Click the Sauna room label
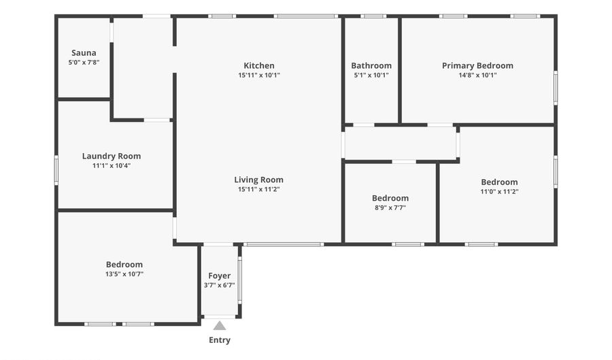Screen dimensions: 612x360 pos(84,52)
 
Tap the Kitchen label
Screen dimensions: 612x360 pos(259,65)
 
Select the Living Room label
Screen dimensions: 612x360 pos(259,180)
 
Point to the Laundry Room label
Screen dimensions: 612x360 pos(112,157)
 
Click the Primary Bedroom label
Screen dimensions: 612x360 pos(478,65)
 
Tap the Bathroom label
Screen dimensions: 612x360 pos(371,65)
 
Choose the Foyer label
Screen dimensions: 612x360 pos(220,276)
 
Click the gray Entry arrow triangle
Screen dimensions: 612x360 pos(220,326)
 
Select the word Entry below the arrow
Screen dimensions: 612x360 pos(220,340)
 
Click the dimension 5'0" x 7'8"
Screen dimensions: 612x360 pos(84,62)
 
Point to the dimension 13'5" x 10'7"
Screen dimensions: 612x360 pos(124,274)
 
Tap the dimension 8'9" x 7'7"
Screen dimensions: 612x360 pos(390,208)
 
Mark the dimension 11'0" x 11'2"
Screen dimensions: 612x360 pos(499,192)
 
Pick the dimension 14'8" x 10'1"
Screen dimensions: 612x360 pos(478,75)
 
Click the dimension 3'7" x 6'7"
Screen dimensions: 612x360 pos(220,285)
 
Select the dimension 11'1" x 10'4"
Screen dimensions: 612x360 pos(112,165)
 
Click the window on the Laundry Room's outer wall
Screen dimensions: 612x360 pos(56,170)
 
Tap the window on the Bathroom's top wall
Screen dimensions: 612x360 pos(373,16)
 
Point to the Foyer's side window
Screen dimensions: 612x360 pos(240,280)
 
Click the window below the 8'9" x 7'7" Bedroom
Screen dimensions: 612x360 pos(408,244)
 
